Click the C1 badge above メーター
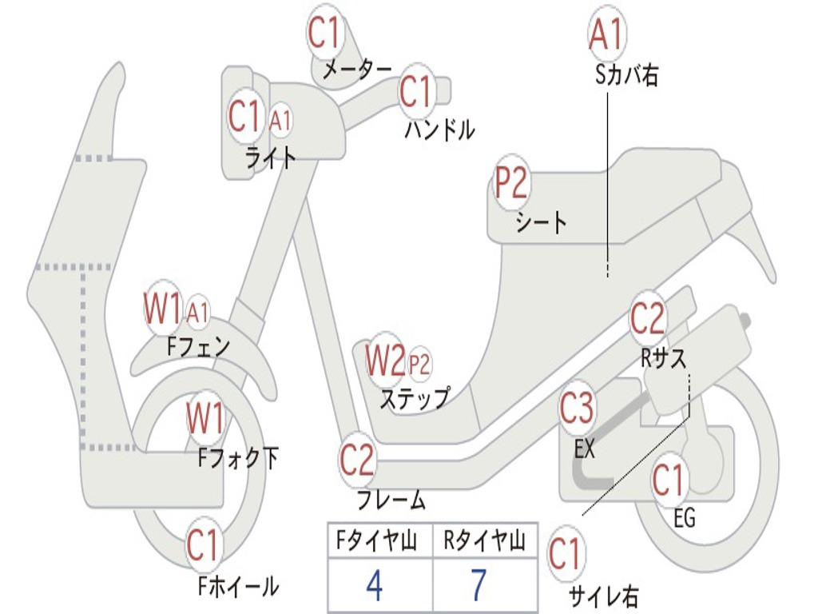click(325, 34)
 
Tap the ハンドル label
click(439, 129)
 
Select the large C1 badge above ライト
click(244, 117)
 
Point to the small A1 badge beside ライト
click(280, 121)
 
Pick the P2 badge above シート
click(511, 184)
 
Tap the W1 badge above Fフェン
click(163, 307)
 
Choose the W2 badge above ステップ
click(385, 361)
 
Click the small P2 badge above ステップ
click(419, 365)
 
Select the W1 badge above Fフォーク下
click(205, 417)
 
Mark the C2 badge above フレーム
click(356, 460)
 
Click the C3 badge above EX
click(577, 409)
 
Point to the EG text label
click(684, 518)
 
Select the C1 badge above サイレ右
click(565, 554)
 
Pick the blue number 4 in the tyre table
click(374, 586)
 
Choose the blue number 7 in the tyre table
click(478, 586)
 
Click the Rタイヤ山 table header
click(484, 543)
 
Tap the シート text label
click(541, 221)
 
